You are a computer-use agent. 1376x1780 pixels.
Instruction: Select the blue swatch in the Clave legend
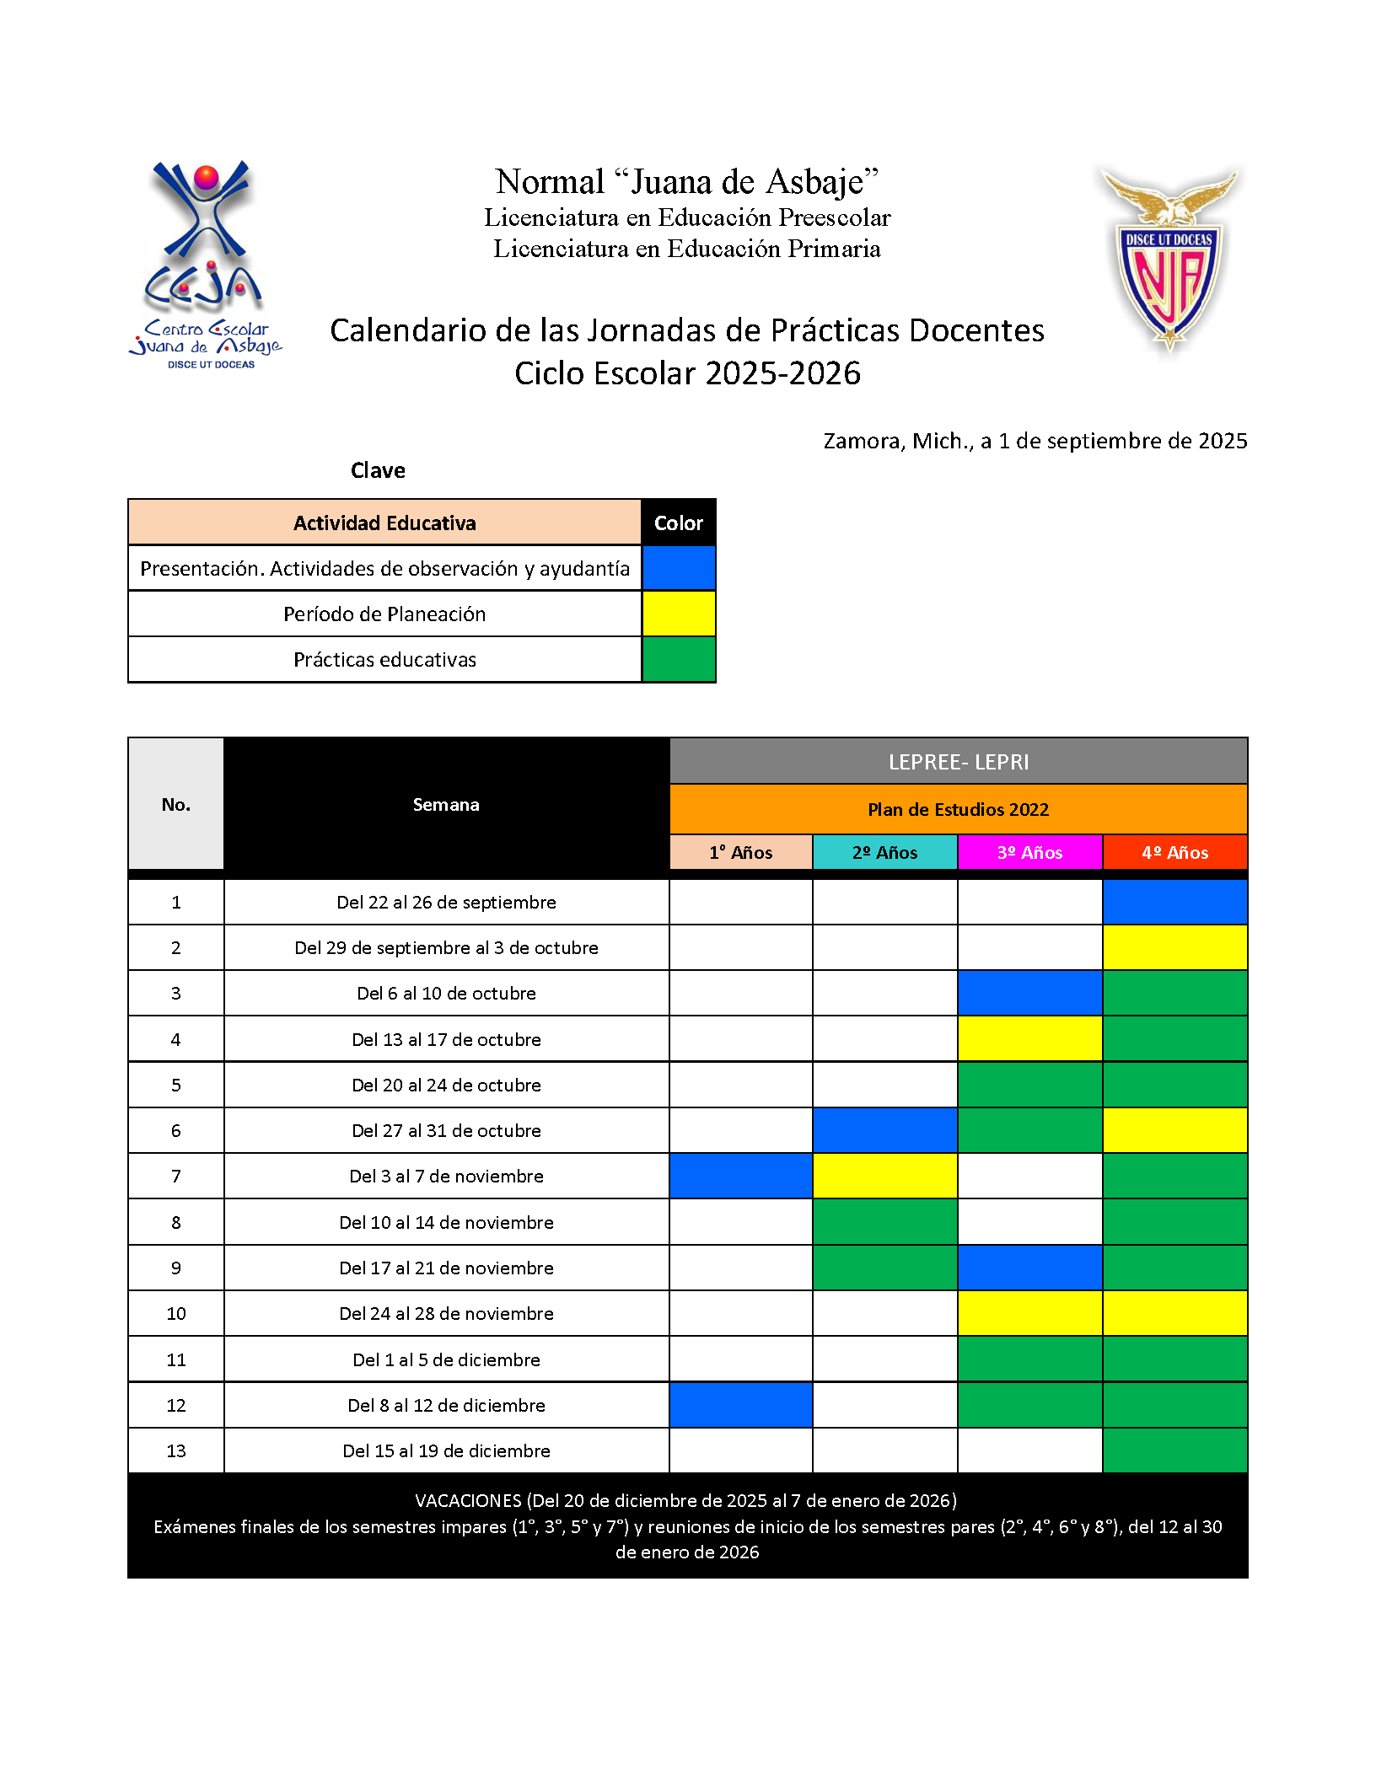[x=678, y=568]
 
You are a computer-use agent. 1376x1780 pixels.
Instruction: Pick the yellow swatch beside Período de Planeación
[x=678, y=614]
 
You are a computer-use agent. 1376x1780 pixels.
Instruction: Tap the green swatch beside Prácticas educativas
[x=678, y=659]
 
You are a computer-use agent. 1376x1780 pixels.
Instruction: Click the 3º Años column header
[x=1029, y=852]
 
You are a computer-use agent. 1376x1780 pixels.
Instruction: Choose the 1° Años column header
[x=740, y=852]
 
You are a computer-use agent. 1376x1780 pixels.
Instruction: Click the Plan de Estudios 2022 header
[x=958, y=809]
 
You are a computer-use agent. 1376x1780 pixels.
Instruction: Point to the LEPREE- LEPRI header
[x=958, y=762]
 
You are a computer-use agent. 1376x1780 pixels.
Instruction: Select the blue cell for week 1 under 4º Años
[x=1174, y=902]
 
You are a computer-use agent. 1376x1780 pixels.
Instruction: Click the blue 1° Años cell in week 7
[x=740, y=1176]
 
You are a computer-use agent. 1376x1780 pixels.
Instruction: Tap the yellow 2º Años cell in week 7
[x=884, y=1176]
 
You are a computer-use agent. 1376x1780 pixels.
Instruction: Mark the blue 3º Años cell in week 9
[x=1029, y=1268]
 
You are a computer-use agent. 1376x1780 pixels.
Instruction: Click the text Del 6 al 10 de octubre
[x=446, y=994]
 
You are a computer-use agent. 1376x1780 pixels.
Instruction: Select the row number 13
[x=175, y=1450]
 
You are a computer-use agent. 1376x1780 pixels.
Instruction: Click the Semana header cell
[x=446, y=805]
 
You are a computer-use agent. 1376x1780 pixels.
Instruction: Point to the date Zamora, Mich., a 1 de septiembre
[x=1035, y=441]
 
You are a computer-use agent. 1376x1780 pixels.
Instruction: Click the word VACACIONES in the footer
[x=468, y=1500]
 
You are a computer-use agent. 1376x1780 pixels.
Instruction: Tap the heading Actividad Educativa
[x=384, y=523]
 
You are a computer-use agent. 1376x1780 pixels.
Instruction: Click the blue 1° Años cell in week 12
[x=740, y=1405]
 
